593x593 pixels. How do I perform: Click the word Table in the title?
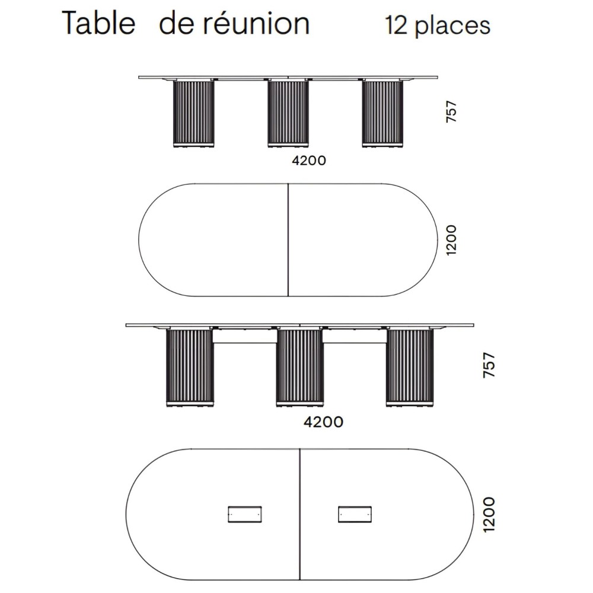point(98,24)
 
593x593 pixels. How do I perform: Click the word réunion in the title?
point(257,24)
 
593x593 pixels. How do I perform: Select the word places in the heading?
point(452,25)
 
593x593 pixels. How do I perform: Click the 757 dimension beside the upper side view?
point(451,111)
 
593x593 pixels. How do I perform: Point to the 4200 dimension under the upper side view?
point(308,160)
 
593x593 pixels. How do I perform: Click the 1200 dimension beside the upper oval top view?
point(451,240)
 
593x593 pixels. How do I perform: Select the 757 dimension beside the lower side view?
point(489,365)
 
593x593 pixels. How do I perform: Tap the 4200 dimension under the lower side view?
point(323,422)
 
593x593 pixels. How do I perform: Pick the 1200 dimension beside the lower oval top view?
point(489,514)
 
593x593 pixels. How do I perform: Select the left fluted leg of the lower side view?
point(190,367)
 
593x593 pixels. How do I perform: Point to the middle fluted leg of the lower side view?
point(299,367)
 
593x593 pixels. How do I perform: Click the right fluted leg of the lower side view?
point(410,367)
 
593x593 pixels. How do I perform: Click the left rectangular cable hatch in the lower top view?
point(245,514)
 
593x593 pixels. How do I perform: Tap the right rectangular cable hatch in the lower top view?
point(355,514)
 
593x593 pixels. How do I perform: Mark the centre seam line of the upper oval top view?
point(288,240)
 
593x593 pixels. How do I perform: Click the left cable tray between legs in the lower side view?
point(245,336)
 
